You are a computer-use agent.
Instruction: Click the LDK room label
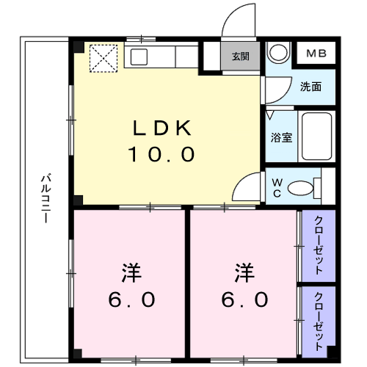(x=161, y=128)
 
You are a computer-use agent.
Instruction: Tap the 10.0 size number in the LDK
(x=161, y=155)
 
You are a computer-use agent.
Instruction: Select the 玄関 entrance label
(x=239, y=57)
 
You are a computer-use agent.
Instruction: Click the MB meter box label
(x=316, y=53)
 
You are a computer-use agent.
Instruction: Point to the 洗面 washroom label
(x=310, y=87)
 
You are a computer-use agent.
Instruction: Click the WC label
(x=277, y=187)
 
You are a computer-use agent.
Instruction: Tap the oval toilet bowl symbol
(x=303, y=187)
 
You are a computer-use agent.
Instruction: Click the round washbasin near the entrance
(x=278, y=54)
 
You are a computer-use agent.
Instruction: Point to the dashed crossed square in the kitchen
(x=103, y=57)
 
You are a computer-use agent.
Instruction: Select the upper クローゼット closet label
(x=319, y=246)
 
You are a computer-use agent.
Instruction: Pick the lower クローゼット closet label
(x=319, y=321)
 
